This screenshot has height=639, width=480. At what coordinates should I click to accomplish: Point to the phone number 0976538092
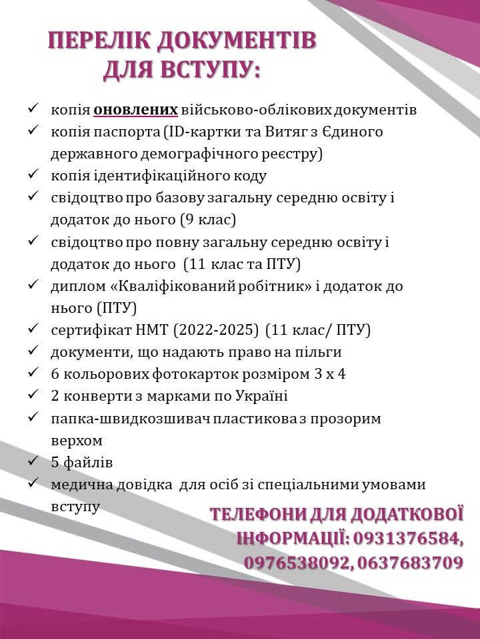pos(298,563)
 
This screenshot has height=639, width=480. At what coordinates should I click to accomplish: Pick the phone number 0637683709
pos(410,563)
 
